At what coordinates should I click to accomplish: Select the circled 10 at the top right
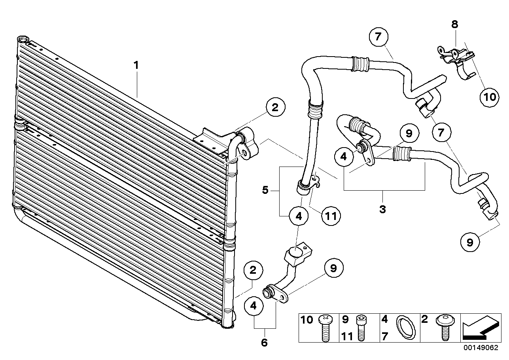click(x=490, y=97)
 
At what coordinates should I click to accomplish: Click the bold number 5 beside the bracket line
click(x=265, y=190)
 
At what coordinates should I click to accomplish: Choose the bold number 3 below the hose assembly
click(x=382, y=209)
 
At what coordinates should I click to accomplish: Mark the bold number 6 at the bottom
click(x=264, y=342)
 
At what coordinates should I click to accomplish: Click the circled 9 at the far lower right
click(x=469, y=242)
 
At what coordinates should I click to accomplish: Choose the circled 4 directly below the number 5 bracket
click(x=299, y=216)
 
